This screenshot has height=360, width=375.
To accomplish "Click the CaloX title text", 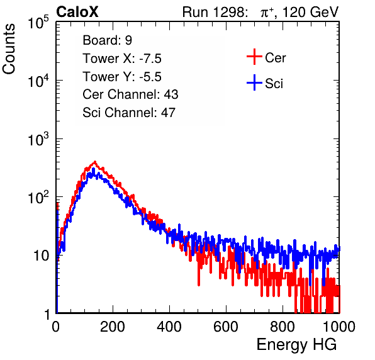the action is tap(77, 12).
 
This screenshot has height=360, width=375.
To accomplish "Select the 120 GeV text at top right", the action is tap(310, 12).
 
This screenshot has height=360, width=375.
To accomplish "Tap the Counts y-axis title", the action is tap(9, 49).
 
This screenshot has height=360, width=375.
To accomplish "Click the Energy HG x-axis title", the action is tap(296, 345).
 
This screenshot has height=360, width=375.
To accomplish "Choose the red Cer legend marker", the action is tap(254, 57).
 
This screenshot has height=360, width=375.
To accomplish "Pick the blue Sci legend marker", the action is tap(254, 83).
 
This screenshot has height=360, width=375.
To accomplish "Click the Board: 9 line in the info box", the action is tap(108, 40).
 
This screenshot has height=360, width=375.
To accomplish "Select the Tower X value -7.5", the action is tap(150, 59).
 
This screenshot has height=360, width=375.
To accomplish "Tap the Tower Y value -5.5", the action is tap(150, 77).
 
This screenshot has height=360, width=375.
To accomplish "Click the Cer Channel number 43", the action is tap(171, 94).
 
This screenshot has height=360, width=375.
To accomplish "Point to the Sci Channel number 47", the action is tap(168, 113).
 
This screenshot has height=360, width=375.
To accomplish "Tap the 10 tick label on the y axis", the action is tap(41, 256).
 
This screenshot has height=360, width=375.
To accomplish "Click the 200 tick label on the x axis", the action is tap(113, 327).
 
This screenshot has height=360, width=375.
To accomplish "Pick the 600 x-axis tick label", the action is tap(226, 327).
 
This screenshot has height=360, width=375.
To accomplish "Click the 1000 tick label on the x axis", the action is tap(339, 327).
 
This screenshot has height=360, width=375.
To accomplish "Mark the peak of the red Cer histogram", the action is tap(95, 162).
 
